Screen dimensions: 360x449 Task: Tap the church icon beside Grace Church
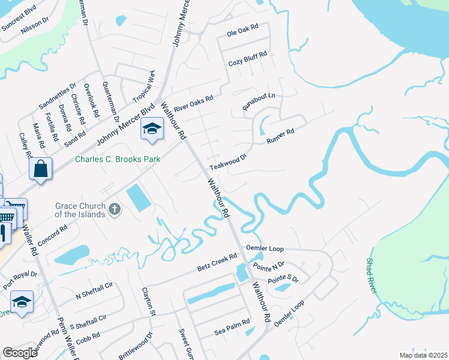pos(115,210)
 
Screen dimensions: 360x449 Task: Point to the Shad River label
pos(372,276)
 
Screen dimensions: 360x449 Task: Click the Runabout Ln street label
pos(259,100)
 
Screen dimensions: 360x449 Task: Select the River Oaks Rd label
pos(193,103)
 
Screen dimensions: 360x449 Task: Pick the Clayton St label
pos(148,302)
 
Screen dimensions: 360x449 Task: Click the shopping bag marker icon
pos(40,169)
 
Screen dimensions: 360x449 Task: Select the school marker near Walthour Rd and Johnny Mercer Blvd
pos(152,129)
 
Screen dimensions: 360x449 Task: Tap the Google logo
pos(20,353)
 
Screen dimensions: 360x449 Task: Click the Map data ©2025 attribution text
pos(423,355)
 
